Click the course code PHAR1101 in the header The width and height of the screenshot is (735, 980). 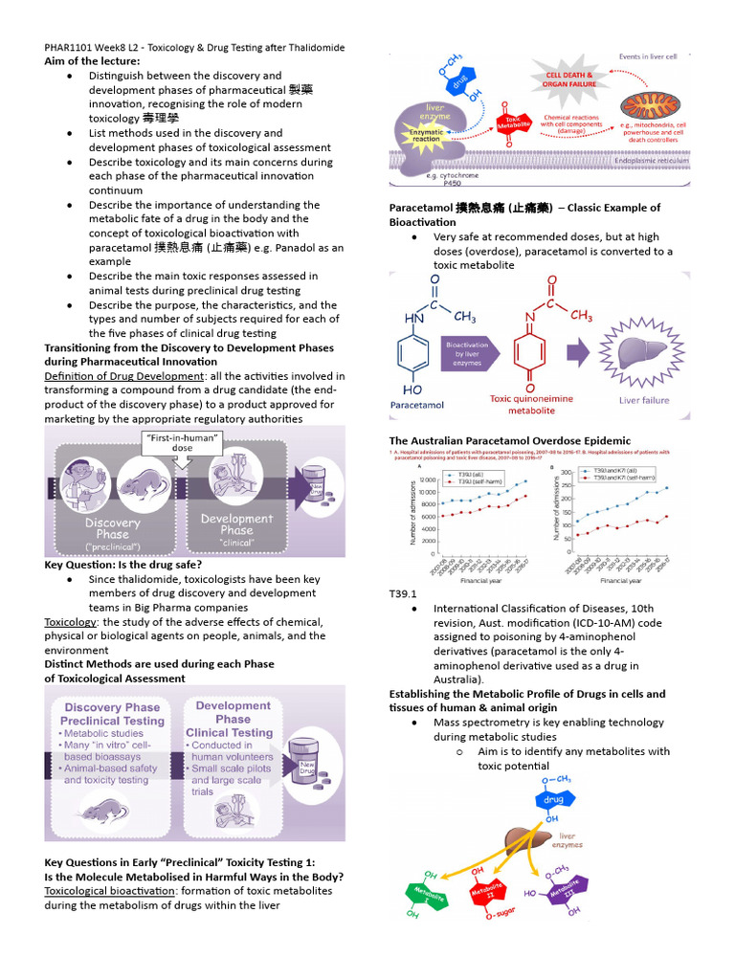pyautogui.click(x=70, y=47)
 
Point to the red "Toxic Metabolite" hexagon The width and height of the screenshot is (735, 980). pyautogui.click(x=514, y=123)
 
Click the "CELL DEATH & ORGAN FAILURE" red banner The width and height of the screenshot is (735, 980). pyautogui.click(x=569, y=79)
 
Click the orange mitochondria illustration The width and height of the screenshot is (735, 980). pyautogui.click(x=650, y=107)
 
